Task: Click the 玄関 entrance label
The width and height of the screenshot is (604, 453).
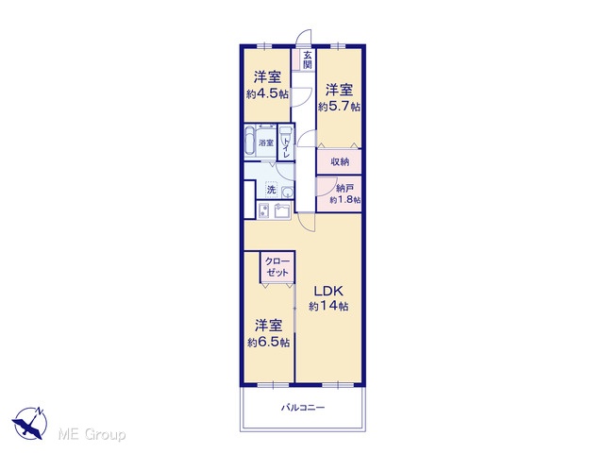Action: tap(307, 60)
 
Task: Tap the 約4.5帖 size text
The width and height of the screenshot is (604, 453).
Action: tap(267, 93)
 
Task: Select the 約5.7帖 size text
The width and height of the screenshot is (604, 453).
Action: tap(339, 106)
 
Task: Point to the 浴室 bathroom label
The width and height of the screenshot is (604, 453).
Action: tap(266, 143)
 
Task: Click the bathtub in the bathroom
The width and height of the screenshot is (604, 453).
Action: tap(250, 141)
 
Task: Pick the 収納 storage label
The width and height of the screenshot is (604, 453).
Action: tap(340, 161)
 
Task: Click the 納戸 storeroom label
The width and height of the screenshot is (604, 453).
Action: tap(344, 189)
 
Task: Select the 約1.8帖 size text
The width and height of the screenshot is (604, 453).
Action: tap(345, 200)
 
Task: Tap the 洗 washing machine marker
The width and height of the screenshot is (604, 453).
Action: tap(272, 190)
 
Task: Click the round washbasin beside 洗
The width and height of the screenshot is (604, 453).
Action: tap(287, 192)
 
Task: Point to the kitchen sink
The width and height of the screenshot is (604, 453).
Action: tap(284, 210)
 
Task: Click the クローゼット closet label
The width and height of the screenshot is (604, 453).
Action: tap(277, 266)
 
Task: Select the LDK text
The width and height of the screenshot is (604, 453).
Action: tap(327, 291)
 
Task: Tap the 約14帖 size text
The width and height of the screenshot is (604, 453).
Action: tap(329, 306)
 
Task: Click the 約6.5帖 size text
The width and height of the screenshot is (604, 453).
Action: tap(269, 342)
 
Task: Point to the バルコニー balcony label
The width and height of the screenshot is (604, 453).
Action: tap(303, 407)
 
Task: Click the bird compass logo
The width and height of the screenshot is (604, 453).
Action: tap(29, 423)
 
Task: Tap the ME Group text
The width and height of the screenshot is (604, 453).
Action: tap(92, 434)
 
